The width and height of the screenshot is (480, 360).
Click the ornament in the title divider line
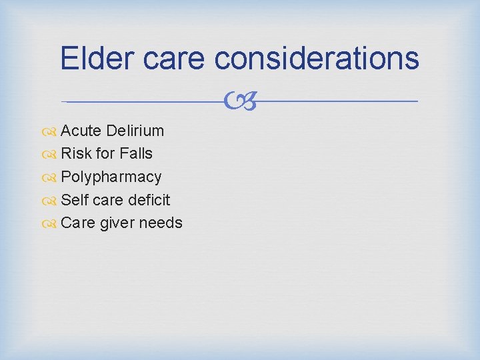pyautogui.click(x=240, y=101)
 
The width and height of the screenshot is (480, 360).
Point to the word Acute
pyautogui.click(x=81, y=130)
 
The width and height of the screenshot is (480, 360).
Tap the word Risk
pyautogui.click(x=76, y=153)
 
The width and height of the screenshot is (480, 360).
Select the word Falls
pyautogui.click(x=136, y=153)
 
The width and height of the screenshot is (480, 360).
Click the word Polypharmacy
pyautogui.click(x=111, y=177)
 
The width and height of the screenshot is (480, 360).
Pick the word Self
pyautogui.click(x=74, y=200)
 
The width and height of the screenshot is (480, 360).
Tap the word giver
pyautogui.click(x=117, y=223)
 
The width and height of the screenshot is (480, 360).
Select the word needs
pyautogui.click(x=160, y=223)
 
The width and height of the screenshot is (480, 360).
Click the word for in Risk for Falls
pyautogui.click(x=105, y=153)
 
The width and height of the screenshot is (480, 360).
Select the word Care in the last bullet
pyautogui.click(x=77, y=223)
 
